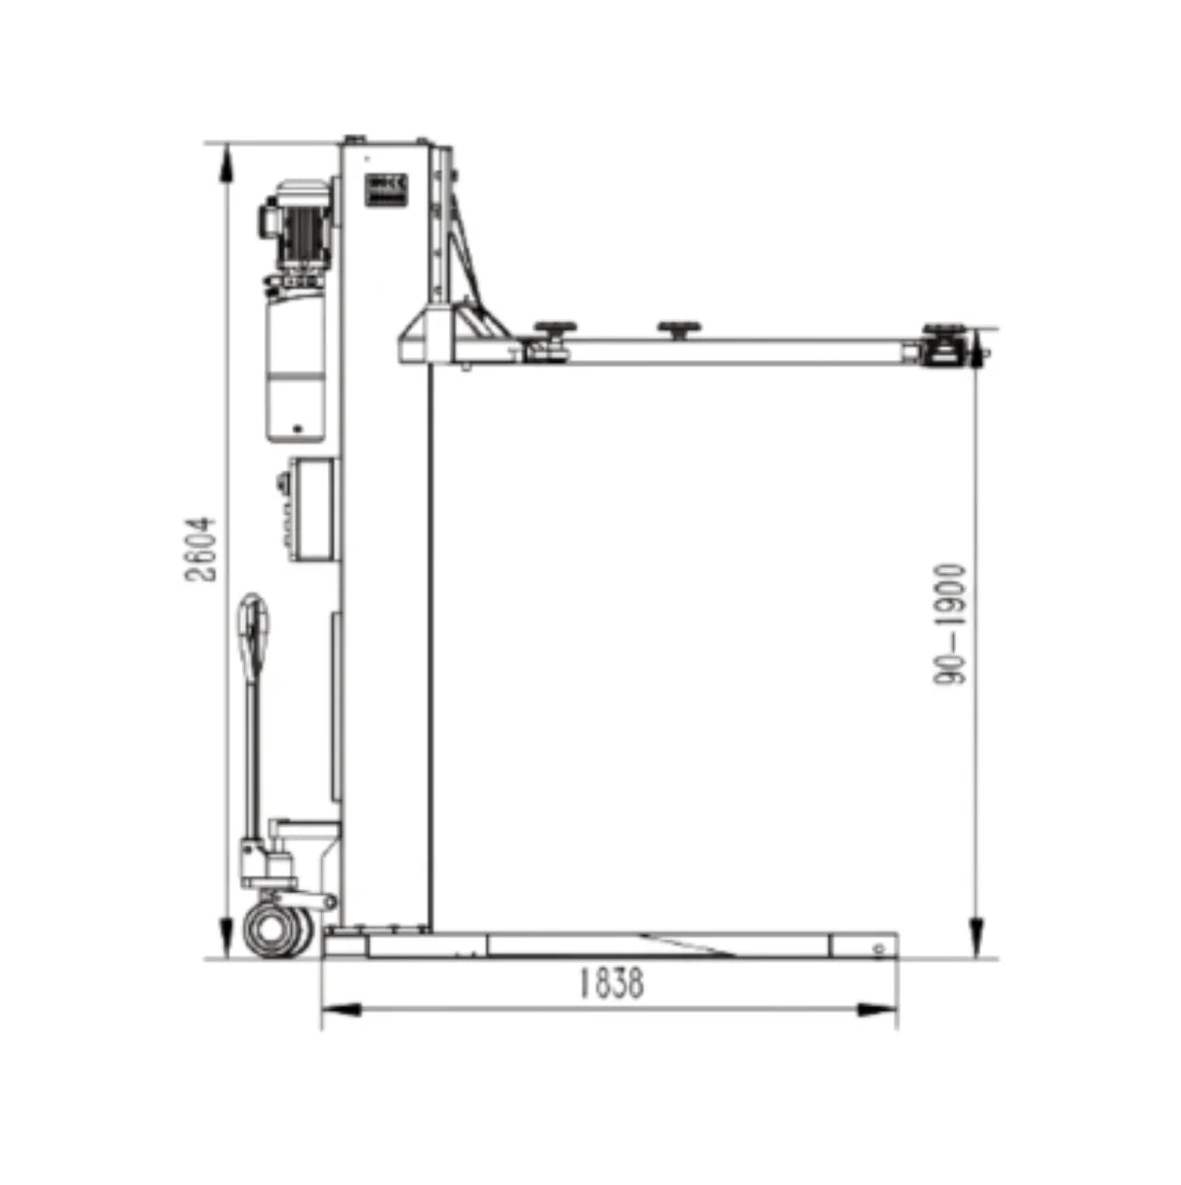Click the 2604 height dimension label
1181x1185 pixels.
tap(202, 549)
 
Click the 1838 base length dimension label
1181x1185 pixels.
tap(611, 983)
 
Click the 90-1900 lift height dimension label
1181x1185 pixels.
tap(949, 625)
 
